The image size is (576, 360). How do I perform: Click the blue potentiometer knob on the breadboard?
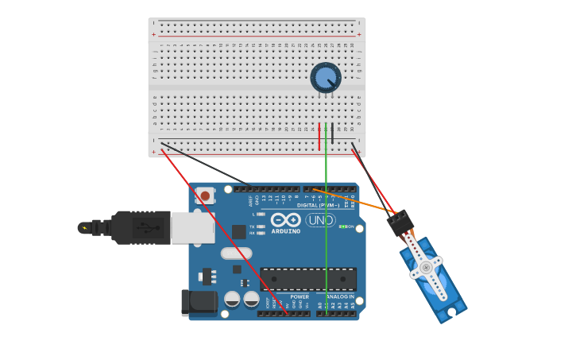[x=325, y=78]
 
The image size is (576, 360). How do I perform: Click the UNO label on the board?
[x=321, y=220]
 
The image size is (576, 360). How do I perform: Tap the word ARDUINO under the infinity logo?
[x=285, y=231]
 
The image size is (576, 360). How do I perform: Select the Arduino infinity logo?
[x=285, y=219]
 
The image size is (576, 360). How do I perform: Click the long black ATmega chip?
[x=308, y=279]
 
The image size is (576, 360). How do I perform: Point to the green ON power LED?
[x=342, y=226]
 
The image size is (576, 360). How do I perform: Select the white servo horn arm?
[x=427, y=268]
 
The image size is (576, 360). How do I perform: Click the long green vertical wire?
[x=326, y=238]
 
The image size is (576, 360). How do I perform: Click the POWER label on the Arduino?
[x=299, y=296]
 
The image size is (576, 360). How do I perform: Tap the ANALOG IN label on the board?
[x=340, y=296]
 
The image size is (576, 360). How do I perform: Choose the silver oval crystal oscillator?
[x=236, y=254]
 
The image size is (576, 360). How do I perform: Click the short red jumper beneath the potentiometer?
[x=319, y=136]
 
